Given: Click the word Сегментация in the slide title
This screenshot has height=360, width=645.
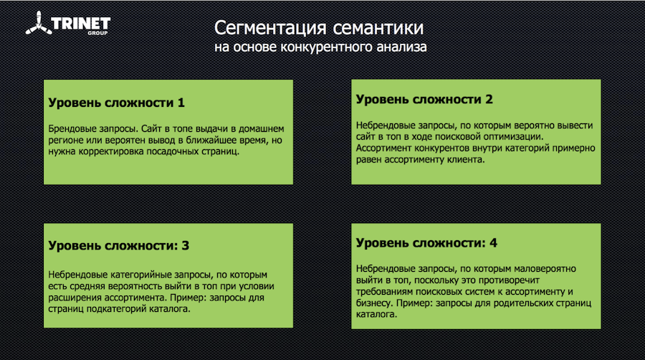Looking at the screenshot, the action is tap(270, 29).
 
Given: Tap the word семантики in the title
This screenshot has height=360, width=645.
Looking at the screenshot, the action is tap(378, 29).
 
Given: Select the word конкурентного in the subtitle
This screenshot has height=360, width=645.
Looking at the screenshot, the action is tap(326, 47).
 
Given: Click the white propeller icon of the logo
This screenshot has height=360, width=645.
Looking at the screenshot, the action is tap(39, 24).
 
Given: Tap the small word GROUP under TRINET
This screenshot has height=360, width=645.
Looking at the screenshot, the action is tap(97, 33).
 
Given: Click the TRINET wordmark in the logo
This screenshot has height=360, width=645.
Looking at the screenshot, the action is tap(81, 24).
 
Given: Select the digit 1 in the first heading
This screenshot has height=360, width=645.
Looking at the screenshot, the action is tap(181, 103).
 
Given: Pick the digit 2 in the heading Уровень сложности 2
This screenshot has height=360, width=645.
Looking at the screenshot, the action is tap(489, 99).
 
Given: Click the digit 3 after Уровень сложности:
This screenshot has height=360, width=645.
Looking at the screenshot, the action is tap(186, 246).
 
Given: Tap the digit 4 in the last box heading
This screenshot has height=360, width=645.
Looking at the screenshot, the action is tap(493, 243).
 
